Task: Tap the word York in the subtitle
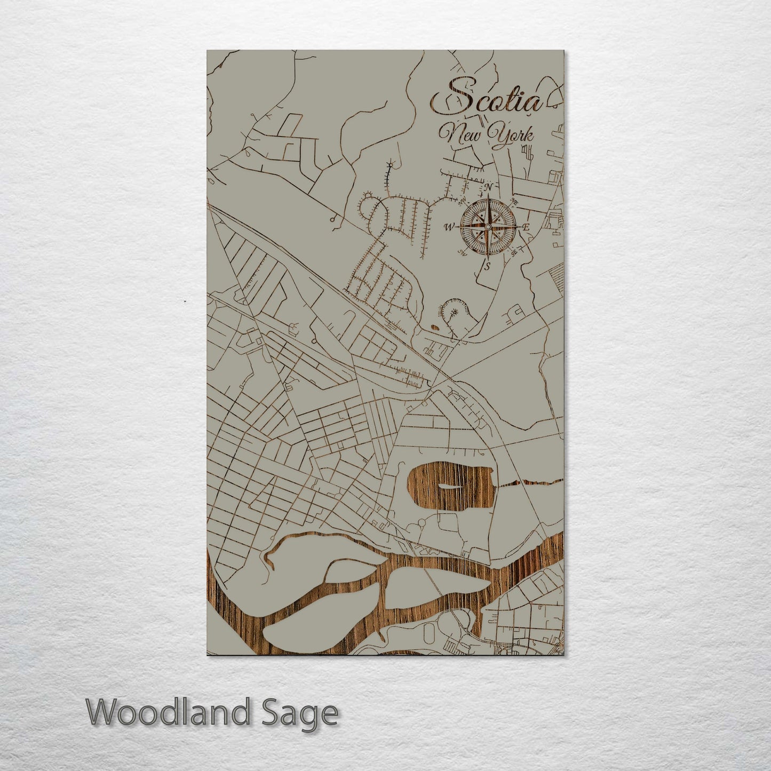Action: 512,134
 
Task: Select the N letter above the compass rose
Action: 488,187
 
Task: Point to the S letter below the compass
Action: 487,266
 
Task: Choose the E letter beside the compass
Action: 526,228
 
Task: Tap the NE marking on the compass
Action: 515,202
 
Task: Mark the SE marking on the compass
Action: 514,253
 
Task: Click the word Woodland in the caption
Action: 168,713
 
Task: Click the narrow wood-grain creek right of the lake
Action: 528,483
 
